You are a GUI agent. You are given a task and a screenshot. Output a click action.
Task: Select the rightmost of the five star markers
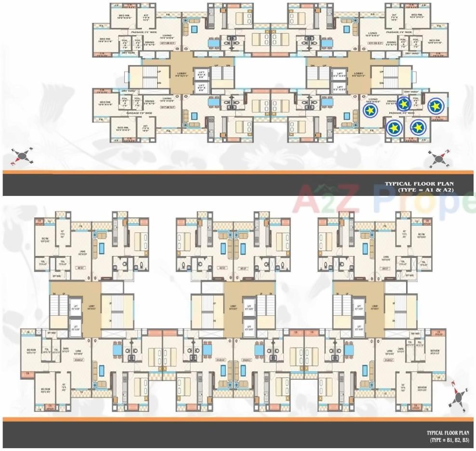tap(436, 104)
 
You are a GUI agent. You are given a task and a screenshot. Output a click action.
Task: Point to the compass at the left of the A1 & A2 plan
tap(22, 155)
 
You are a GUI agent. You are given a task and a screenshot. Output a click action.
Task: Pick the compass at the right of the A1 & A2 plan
tap(439, 157)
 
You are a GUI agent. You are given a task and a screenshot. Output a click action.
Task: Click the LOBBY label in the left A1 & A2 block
tap(182, 75)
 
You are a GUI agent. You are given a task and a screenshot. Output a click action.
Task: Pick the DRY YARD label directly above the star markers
tap(411, 92)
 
